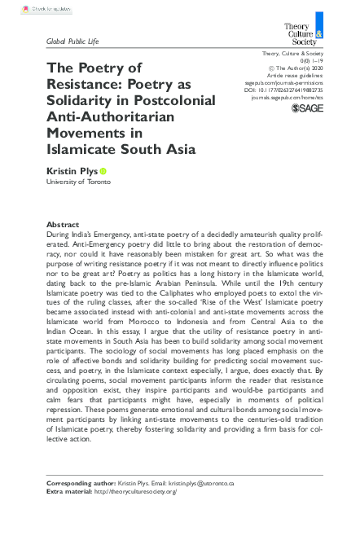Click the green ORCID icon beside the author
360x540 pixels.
[103, 171]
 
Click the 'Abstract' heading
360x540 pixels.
[63, 224]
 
